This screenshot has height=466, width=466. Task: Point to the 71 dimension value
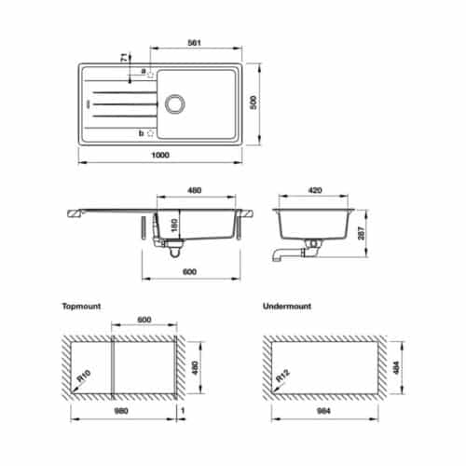[124, 59]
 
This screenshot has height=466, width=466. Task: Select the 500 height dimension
[251, 102]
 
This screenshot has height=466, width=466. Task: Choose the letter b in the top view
[141, 133]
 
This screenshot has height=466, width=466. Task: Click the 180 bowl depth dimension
[172, 227]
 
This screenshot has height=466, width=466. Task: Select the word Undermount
[287, 305]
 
